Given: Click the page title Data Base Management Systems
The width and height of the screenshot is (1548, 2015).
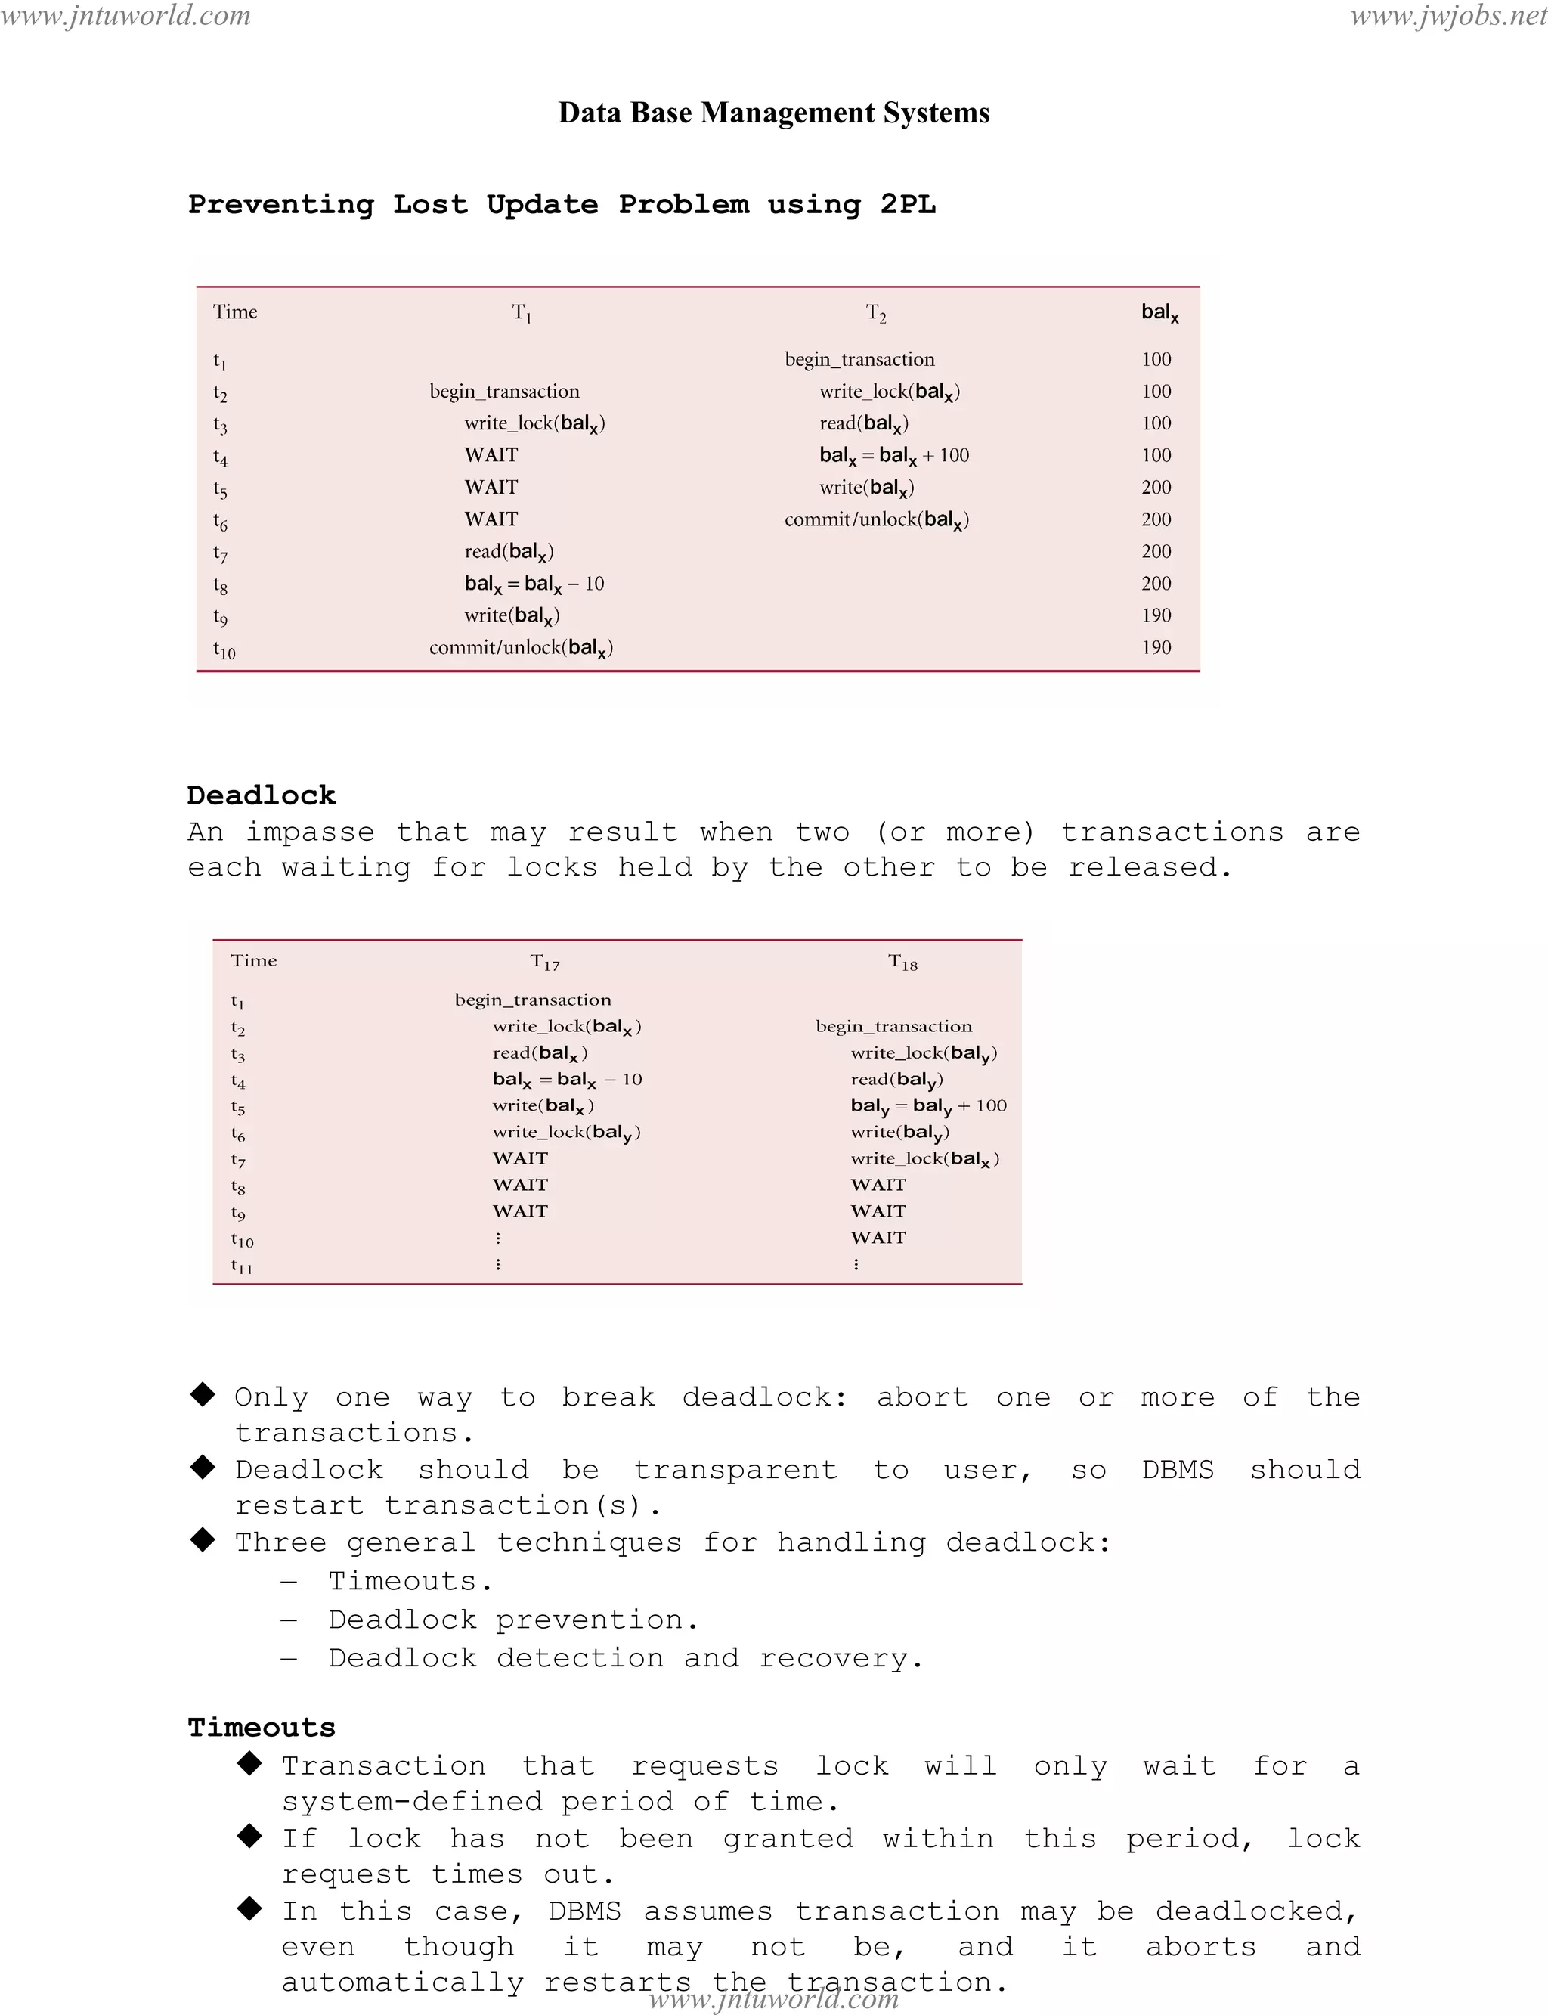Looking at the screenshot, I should click(x=774, y=113).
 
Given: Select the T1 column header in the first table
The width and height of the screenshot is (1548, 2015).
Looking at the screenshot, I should click(x=522, y=314).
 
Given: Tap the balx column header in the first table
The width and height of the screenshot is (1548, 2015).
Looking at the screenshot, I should click(x=1159, y=314).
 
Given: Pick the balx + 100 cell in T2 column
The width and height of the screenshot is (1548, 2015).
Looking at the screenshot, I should click(x=893, y=455).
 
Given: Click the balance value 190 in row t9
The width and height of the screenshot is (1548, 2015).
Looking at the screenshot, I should click(x=1156, y=615).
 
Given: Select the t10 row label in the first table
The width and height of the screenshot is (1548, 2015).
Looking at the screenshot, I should click(x=224, y=649).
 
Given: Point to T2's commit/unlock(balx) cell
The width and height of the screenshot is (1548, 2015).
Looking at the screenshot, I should click(x=876, y=520).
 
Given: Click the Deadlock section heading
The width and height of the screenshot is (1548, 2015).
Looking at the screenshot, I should click(x=262, y=795).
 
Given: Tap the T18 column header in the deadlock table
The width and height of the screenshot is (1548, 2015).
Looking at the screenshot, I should click(x=903, y=963).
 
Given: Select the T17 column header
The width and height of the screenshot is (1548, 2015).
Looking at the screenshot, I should click(x=544, y=963).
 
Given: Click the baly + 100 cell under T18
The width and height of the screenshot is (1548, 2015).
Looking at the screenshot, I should click(x=928, y=1106).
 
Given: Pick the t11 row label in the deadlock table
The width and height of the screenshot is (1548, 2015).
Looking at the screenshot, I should click(x=241, y=1266).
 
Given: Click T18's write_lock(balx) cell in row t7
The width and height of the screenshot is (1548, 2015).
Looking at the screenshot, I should click(x=924, y=1158).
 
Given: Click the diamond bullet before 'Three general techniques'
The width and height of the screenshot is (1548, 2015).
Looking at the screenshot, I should click(x=203, y=1539).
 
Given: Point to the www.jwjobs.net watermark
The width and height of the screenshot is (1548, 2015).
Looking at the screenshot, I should click(x=1447, y=16).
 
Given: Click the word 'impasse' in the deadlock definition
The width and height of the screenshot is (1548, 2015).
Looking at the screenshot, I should click(x=310, y=832).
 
